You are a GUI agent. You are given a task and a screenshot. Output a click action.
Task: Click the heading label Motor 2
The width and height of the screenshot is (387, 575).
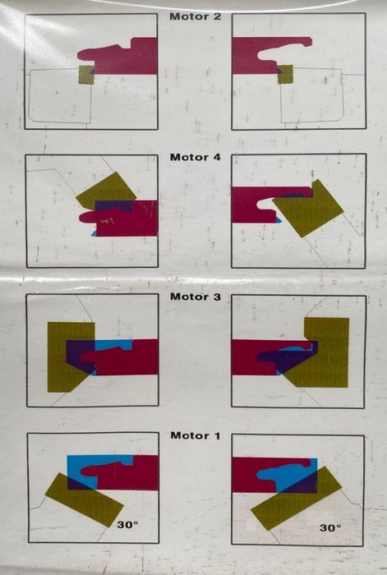[x=196, y=17]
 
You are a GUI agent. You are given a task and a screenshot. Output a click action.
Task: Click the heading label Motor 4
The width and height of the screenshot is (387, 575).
[x=196, y=158]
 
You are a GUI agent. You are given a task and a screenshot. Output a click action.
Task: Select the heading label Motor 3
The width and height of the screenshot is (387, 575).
[x=196, y=297]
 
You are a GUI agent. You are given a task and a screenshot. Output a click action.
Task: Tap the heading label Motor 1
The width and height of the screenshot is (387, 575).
[x=196, y=435]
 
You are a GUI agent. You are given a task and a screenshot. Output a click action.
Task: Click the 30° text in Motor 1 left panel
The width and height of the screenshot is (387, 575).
[x=127, y=525]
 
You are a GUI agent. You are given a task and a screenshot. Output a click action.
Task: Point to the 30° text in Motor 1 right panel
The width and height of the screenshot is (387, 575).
[x=330, y=527]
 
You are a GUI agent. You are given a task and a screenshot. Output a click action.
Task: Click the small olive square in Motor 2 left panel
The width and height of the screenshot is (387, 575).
[x=85, y=75]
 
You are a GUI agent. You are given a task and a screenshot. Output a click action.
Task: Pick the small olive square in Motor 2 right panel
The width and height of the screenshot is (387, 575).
[x=285, y=74]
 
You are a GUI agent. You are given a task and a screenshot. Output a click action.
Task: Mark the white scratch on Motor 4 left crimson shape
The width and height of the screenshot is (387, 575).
[x=108, y=221]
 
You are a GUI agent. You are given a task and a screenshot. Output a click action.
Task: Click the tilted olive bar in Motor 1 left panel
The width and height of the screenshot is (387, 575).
[x=84, y=499]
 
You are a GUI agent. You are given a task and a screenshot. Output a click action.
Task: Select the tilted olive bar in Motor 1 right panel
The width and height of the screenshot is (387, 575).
[x=297, y=499]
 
